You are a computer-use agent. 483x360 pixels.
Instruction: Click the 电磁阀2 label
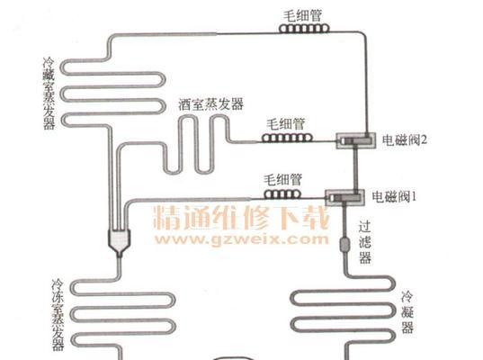pyautogui.click(x=405, y=140)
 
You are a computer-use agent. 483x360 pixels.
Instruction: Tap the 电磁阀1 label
pyautogui.click(x=394, y=196)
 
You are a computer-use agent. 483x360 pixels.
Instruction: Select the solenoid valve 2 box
pyautogui.click(x=356, y=140)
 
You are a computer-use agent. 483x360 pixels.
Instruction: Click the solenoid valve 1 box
pyautogui.click(x=345, y=198)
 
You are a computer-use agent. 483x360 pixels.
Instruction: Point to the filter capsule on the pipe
pyautogui.click(x=344, y=245)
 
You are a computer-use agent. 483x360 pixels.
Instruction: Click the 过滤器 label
pyautogui.click(x=364, y=242)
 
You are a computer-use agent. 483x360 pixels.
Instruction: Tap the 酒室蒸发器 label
pyautogui.click(x=211, y=104)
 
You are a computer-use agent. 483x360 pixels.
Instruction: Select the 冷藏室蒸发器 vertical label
pyautogui.click(x=49, y=94)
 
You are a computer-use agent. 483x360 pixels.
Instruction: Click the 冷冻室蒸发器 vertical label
pyautogui.click(x=58, y=315)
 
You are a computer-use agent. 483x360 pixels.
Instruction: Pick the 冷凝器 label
pyautogui.click(x=407, y=312)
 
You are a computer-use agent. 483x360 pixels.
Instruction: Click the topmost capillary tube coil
pyautogui.click(x=304, y=29)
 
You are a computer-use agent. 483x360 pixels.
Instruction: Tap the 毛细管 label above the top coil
pyautogui.click(x=302, y=16)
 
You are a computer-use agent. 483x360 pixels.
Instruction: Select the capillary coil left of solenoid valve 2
pyautogui.click(x=287, y=138)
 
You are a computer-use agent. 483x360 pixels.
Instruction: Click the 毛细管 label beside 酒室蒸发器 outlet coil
pyautogui.click(x=286, y=124)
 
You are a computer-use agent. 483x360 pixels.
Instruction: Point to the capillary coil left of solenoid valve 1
pyautogui.click(x=282, y=194)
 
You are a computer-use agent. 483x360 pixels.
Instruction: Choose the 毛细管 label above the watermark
pyautogui.click(x=283, y=180)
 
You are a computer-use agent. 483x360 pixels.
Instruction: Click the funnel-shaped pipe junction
pyautogui.click(x=120, y=243)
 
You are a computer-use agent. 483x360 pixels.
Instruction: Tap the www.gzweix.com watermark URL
pyautogui.click(x=242, y=239)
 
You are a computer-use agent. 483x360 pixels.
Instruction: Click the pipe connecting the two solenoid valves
pyautogui.click(x=355, y=169)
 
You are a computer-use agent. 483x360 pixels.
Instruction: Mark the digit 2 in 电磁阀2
pyautogui.click(x=424, y=140)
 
